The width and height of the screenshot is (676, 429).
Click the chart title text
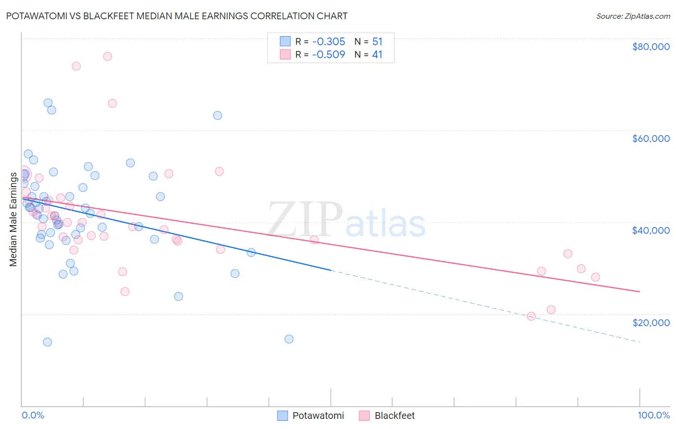(x=176, y=16)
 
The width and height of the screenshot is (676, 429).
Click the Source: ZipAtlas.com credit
(x=633, y=16)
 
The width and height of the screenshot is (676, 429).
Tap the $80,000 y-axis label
(x=651, y=47)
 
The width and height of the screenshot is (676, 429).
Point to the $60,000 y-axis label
(x=651, y=139)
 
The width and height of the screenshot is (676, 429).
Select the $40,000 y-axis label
(x=651, y=230)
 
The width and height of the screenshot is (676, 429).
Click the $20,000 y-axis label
(x=651, y=322)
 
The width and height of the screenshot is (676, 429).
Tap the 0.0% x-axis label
(x=33, y=415)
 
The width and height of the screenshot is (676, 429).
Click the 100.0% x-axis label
(x=653, y=415)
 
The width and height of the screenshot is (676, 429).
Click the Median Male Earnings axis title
(x=13, y=219)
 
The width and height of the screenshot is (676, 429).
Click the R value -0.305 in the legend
(x=328, y=41)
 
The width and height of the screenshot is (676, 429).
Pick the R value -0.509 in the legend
(x=328, y=54)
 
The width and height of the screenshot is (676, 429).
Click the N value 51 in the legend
(x=377, y=41)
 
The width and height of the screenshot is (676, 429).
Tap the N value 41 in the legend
(x=377, y=54)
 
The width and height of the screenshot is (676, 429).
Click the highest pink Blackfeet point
(x=107, y=57)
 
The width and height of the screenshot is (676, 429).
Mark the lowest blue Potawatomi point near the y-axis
(x=47, y=342)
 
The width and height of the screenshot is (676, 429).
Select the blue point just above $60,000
(x=217, y=115)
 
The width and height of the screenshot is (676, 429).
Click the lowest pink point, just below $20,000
(x=531, y=316)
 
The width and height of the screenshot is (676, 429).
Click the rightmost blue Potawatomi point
(x=289, y=339)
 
